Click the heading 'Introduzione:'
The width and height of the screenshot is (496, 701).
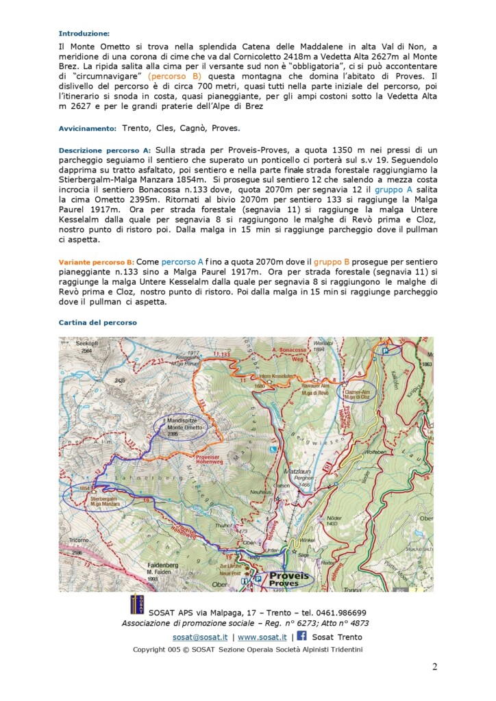click(x=84, y=33)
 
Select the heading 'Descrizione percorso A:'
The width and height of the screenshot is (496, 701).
click(x=105, y=149)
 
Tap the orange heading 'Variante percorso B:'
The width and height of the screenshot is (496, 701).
click(x=95, y=262)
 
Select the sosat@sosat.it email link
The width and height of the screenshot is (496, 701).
click(x=200, y=637)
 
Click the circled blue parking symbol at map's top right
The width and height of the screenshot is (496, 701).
click(x=386, y=350)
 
